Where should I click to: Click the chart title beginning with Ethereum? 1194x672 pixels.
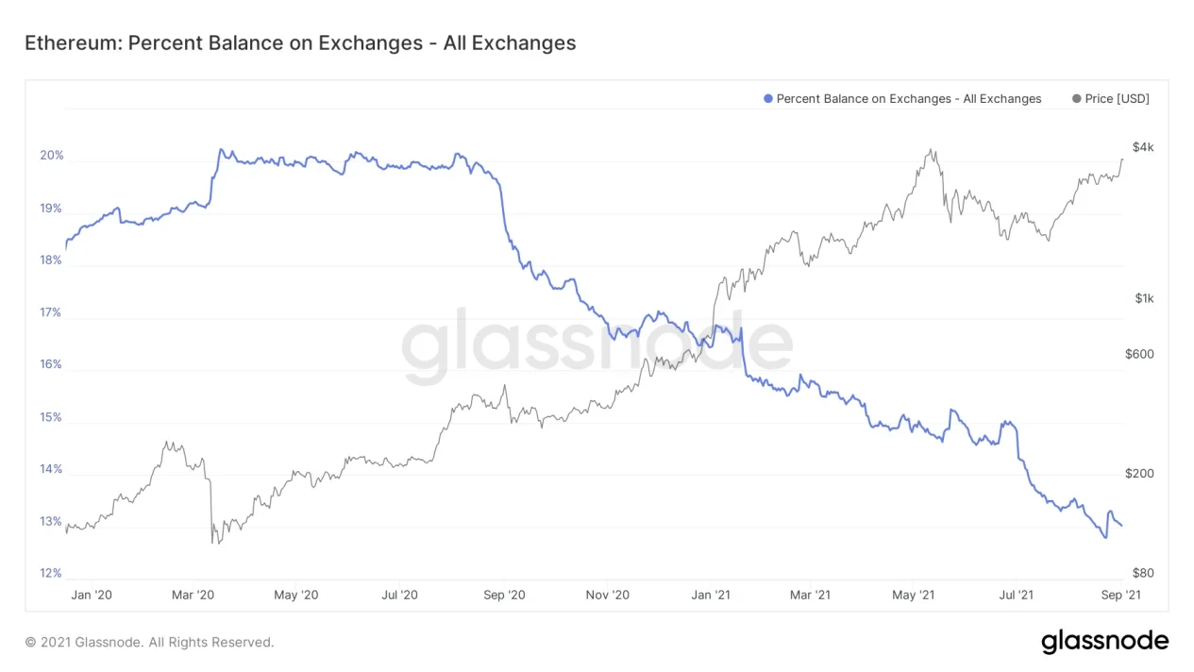pyautogui.click(x=300, y=42)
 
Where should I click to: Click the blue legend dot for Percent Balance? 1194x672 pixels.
pyautogui.click(x=768, y=99)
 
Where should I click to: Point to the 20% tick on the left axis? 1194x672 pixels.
pyautogui.click(x=51, y=156)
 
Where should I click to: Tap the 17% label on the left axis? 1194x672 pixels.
pyautogui.click(x=51, y=312)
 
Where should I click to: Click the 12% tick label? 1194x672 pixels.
pyautogui.click(x=51, y=573)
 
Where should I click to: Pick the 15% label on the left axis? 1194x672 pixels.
pyautogui.click(x=51, y=417)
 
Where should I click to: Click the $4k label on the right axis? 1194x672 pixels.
pyautogui.click(x=1143, y=148)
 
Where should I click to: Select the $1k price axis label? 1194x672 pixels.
pyautogui.click(x=1144, y=299)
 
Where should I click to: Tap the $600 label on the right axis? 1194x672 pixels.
pyautogui.click(x=1139, y=355)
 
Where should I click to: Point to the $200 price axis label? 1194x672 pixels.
pyautogui.click(x=1139, y=474)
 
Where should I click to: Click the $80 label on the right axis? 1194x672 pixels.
pyautogui.click(x=1142, y=573)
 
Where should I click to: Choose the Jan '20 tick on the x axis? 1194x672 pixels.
pyautogui.click(x=92, y=596)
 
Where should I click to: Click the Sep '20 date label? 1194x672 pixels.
pyautogui.click(x=504, y=596)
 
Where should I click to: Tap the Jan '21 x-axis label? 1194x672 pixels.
pyautogui.click(x=711, y=596)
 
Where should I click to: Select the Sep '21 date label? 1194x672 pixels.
pyautogui.click(x=1120, y=596)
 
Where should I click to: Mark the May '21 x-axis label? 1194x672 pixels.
pyautogui.click(x=913, y=596)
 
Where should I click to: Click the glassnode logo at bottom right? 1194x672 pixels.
pyautogui.click(x=1104, y=642)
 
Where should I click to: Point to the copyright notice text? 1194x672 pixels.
pyautogui.click(x=149, y=642)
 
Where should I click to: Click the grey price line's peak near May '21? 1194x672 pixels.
pyautogui.click(x=931, y=149)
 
